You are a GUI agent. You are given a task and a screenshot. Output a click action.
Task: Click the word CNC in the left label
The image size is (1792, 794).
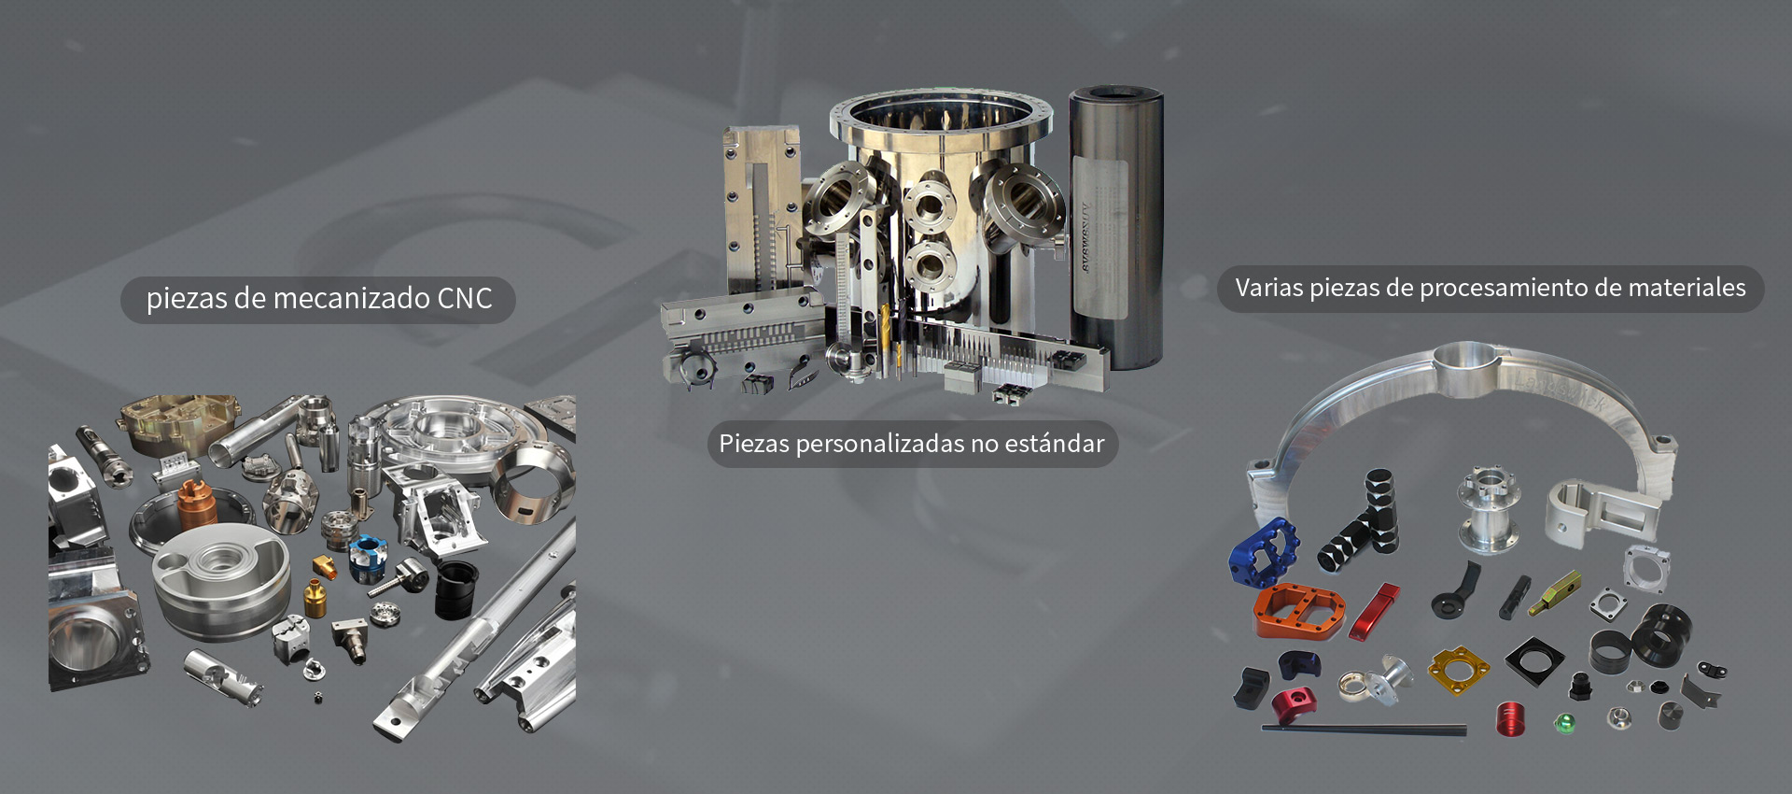(465, 299)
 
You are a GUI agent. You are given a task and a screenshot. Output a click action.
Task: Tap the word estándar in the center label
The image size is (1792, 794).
(1054, 444)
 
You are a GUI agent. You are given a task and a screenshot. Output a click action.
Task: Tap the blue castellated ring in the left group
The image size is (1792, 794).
(368, 557)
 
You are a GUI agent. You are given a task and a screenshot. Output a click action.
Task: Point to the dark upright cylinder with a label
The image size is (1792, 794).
(1115, 226)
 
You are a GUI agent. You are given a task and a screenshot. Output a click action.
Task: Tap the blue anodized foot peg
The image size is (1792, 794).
(1263, 552)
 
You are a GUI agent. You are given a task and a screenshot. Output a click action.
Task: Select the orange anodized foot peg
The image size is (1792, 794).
(1298, 610)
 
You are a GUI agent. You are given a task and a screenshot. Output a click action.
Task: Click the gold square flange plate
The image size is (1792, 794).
(1458, 670)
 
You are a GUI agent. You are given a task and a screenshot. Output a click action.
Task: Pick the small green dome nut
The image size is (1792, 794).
(1564, 722)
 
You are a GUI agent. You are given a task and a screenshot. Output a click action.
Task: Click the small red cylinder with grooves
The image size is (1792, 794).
(1510, 718)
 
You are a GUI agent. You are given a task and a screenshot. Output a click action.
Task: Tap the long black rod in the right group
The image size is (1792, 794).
(1364, 729)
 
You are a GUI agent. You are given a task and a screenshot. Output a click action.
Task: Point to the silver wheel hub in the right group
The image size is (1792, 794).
(1489, 509)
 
